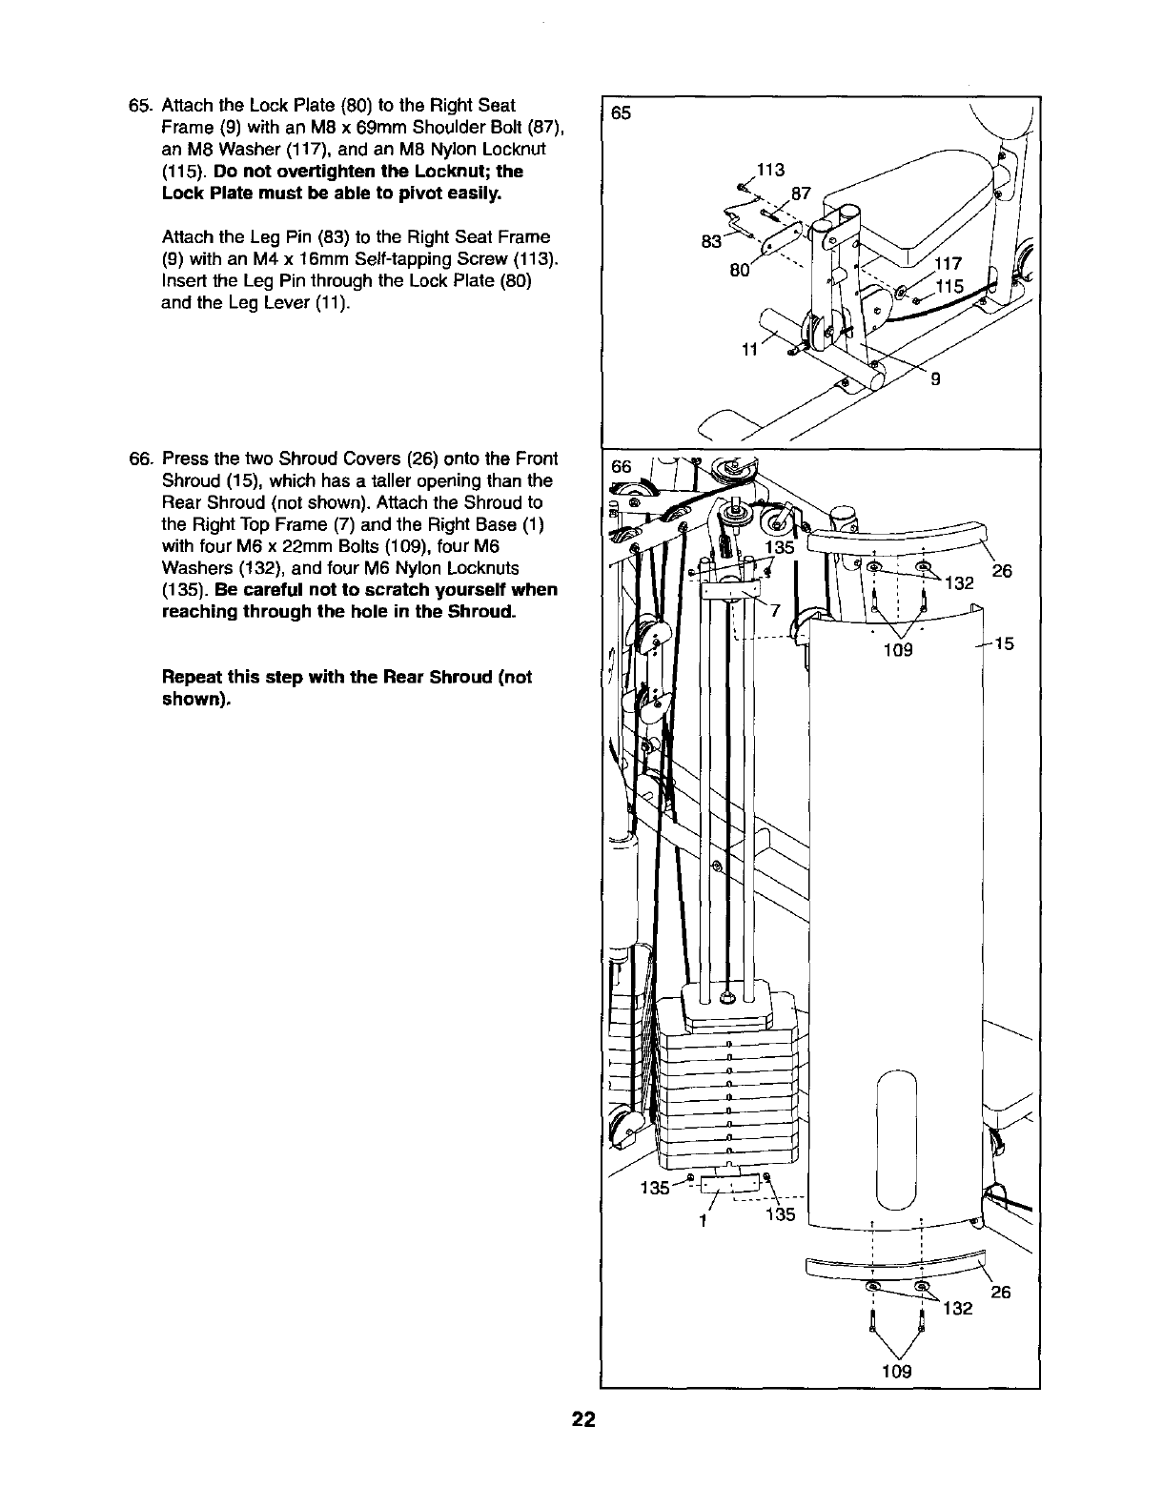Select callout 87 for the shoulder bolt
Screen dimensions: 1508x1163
[801, 194]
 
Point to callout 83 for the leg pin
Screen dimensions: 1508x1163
[710, 241]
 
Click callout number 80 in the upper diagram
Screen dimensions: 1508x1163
[738, 270]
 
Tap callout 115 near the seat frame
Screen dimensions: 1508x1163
[950, 287]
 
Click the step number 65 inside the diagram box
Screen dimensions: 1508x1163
[622, 112]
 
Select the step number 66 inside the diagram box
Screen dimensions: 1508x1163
[622, 466]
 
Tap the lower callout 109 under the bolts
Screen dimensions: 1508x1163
[895, 1372]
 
